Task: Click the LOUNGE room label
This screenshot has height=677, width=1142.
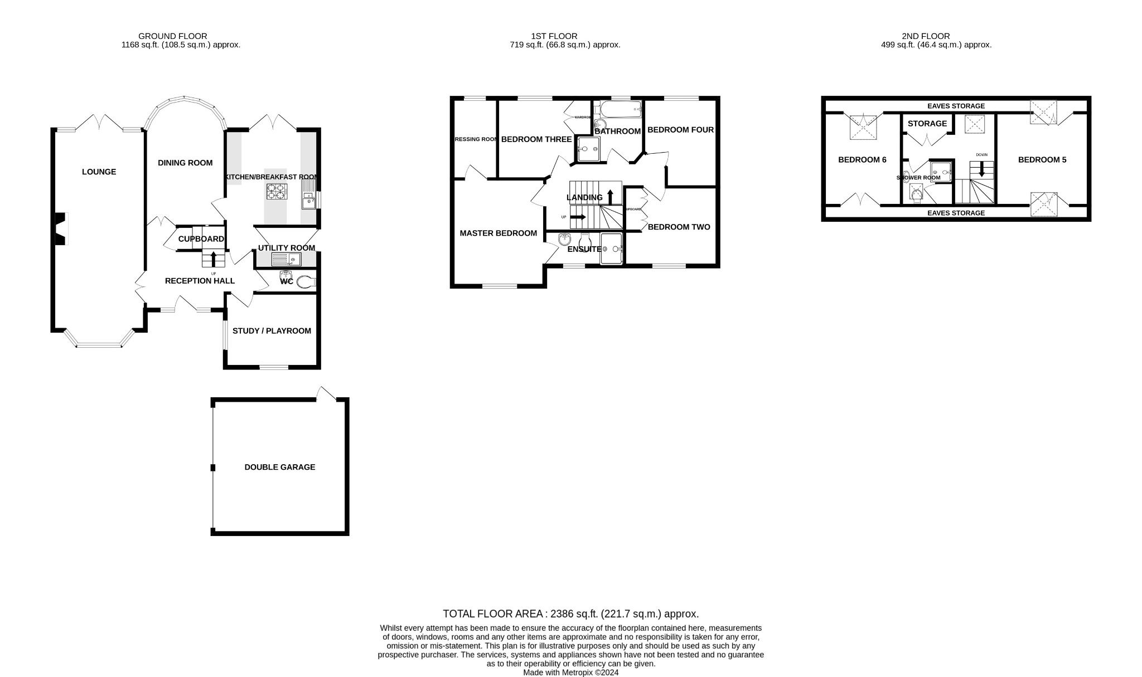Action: click(x=99, y=172)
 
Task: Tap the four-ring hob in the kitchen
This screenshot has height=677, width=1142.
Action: click(x=275, y=192)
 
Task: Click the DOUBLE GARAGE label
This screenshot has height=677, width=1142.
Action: click(x=279, y=467)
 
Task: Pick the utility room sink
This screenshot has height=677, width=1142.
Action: click(x=286, y=259)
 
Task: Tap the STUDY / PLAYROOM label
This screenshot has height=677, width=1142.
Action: click(x=272, y=331)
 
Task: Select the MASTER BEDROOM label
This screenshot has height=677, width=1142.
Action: click(x=498, y=233)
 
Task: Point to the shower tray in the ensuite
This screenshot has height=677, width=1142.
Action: click(x=611, y=248)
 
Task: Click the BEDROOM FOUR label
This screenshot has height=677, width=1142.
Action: click(x=680, y=130)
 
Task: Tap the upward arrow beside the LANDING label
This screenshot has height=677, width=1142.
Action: click(x=610, y=196)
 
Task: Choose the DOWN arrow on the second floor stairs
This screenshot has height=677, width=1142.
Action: click(x=981, y=171)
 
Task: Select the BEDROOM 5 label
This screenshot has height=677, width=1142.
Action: click(x=1042, y=160)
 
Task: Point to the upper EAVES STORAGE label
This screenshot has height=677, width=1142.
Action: click(x=956, y=106)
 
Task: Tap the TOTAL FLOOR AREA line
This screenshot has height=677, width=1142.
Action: click(x=570, y=613)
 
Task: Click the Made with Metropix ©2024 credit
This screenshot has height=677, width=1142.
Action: click(x=570, y=672)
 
